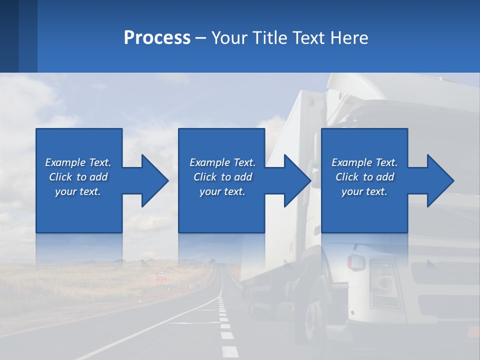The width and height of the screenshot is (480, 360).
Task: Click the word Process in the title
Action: (x=157, y=38)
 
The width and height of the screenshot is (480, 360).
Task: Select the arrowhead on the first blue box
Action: (x=150, y=180)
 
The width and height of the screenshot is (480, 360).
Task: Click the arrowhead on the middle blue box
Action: (x=293, y=180)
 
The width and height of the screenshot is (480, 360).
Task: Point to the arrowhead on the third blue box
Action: (x=435, y=180)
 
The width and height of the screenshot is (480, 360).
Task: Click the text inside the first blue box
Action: (x=78, y=177)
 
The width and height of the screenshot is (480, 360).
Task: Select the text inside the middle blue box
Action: (x=222, y=177)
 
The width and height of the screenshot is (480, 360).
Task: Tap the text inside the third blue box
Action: (x=364, y=177)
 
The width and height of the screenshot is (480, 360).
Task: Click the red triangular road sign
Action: (x=161, y=274)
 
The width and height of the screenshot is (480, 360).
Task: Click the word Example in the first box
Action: (x=65, y=162)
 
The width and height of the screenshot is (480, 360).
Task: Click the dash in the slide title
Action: (x=201, y=38)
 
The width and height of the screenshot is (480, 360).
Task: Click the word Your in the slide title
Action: (x=229, y=38)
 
